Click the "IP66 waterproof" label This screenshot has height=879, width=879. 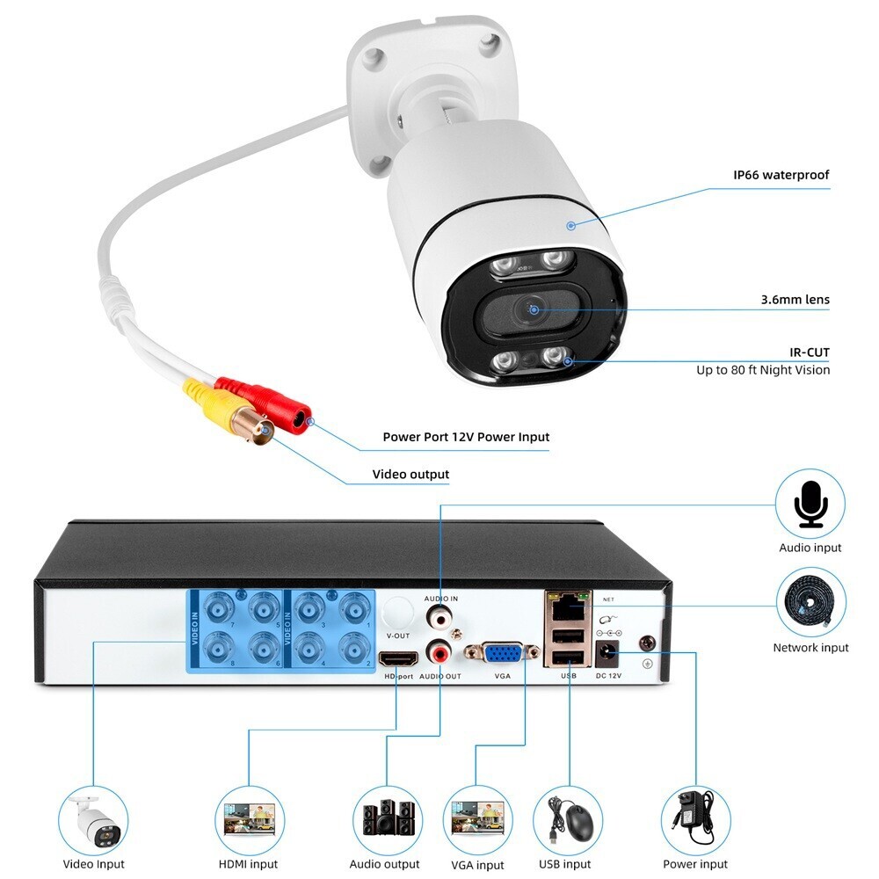[781, 175]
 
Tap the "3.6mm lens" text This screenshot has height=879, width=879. [795, 300]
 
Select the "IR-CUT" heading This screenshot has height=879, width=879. [809, 352]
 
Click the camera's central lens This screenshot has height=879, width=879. [533, 309]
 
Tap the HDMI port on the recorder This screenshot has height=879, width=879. [397, 658]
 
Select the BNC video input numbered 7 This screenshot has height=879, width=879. [216, 608]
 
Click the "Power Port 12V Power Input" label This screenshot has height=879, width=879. [466, 437]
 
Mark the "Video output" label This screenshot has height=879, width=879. [410, 475]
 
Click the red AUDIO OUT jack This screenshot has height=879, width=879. [437, 652]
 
